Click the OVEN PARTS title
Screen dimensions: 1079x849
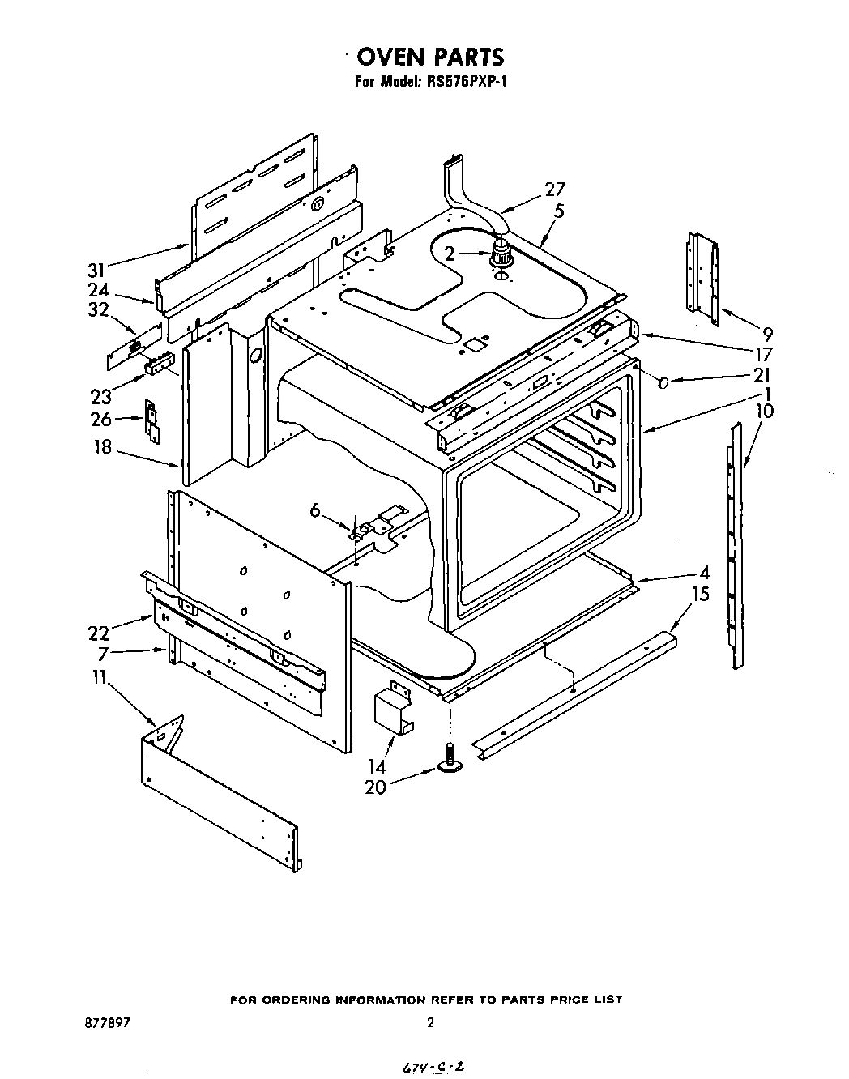430,56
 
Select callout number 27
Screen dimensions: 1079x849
555,190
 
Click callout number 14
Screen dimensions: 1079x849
376,766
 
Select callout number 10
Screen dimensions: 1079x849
764,411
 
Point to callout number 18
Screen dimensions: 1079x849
102,446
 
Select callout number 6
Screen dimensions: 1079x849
316,510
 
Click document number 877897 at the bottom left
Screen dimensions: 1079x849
108,1023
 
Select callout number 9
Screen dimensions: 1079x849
767,332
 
